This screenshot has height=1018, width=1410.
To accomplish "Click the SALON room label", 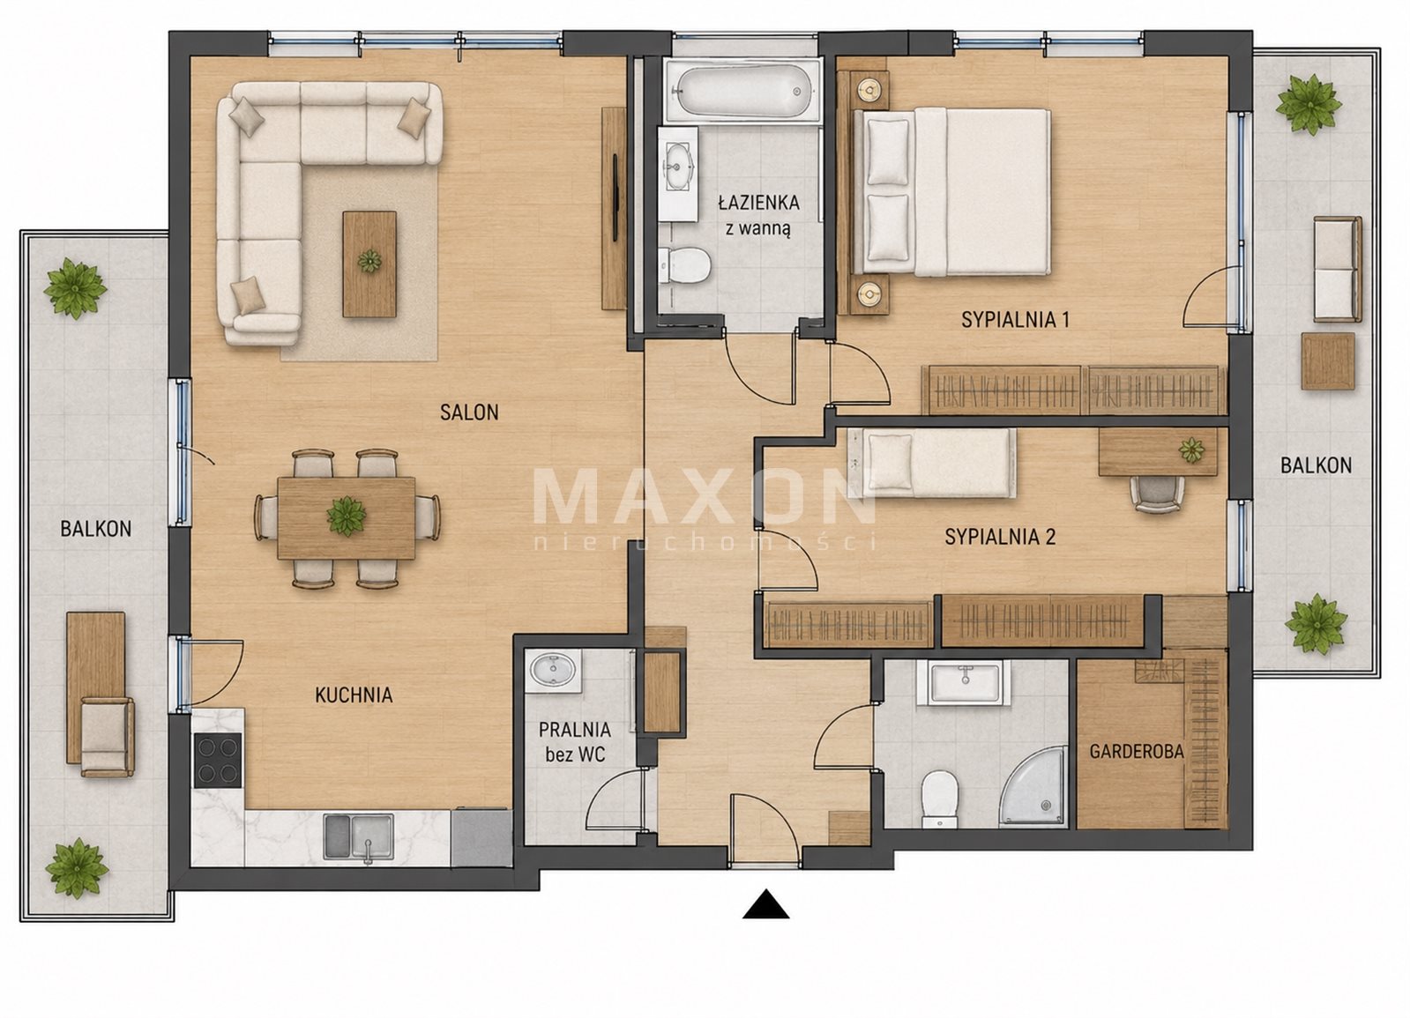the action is tap(469, 412).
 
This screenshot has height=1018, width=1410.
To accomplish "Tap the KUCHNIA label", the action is tap(354, 695).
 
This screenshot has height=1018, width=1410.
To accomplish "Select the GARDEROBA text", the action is tap(1136, 751).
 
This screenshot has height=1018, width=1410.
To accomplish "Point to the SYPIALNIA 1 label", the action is tap(1015, 320).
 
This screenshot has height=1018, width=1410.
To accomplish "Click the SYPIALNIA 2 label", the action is tap(1000, 537).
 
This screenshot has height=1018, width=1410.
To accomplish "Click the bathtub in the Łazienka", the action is tap(742, 91).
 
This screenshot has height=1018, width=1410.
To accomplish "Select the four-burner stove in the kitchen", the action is tap(218, 760).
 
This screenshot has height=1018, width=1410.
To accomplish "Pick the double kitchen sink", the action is tap(358, 836).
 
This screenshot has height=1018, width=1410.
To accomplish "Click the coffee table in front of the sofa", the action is tap(369, 264).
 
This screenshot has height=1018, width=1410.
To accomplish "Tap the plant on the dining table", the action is tap(347, 516).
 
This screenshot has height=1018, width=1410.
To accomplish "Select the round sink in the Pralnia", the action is tap(553, 669).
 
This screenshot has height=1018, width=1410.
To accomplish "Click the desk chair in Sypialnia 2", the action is tap(1157, 494).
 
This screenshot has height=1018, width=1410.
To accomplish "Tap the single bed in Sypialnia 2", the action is tap(931, 463).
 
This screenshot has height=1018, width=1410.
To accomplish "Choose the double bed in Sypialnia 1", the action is tap(951, 192).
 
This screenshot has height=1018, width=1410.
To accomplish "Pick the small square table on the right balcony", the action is tap(1328, 361).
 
